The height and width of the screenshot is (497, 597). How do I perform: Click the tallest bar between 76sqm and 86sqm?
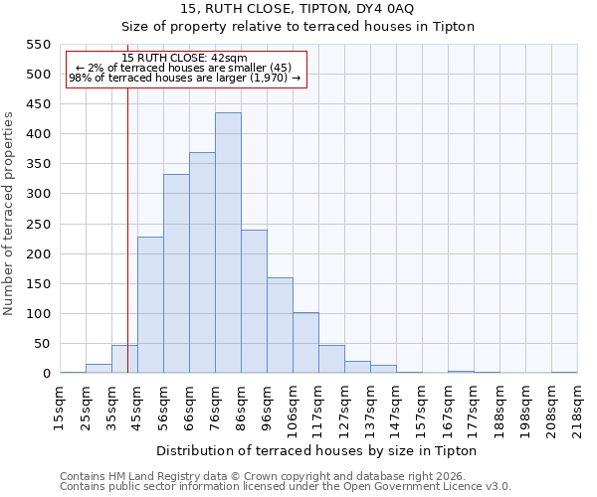228,244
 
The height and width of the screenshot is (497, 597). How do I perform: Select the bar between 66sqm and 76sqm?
202,263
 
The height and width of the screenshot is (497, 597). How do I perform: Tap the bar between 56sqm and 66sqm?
176,274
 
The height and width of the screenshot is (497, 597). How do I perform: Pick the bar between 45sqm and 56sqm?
150,305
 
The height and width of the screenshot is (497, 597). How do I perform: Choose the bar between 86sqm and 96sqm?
254,302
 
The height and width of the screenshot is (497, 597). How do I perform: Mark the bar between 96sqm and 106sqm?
280,326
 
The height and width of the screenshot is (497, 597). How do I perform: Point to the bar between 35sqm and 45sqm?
124,360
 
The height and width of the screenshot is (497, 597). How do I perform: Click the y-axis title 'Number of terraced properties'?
9,214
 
